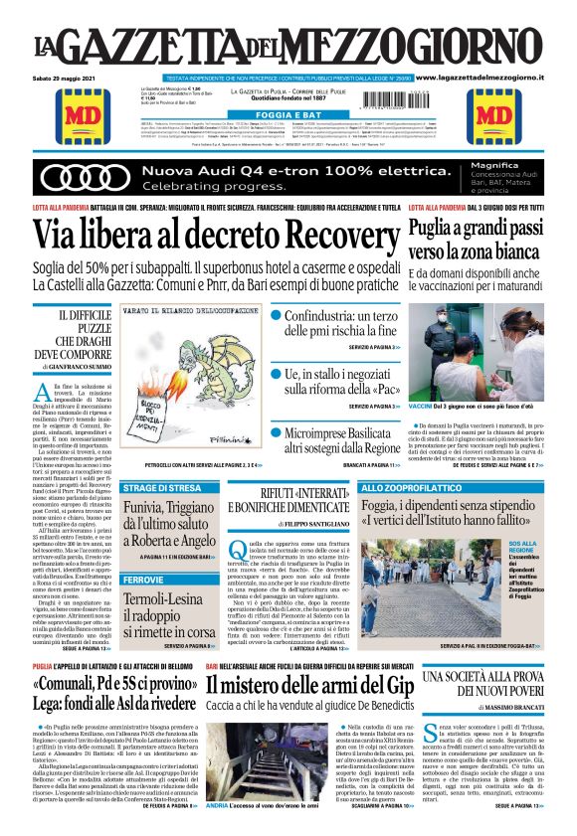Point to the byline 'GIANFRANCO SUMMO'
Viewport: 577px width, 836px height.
click(x=81, y=368)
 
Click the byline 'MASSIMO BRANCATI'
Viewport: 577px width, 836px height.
click(x=496, y=707)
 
